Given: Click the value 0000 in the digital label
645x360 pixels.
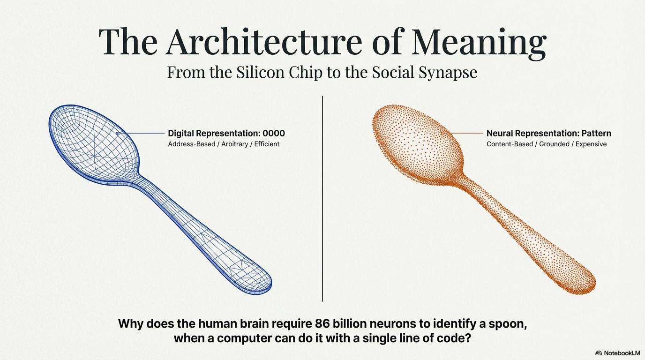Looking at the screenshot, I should [x=274, y=133].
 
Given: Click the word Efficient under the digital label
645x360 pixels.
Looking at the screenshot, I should [x=267, y=144].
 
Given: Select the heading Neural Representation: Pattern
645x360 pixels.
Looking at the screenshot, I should [x=548, y=133].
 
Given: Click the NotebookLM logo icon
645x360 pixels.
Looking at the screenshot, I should [x=599, y=353].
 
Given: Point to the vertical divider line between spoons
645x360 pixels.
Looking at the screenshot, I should [x=322, y=197].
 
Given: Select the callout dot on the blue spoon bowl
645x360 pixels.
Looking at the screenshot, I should [x=117, y=133].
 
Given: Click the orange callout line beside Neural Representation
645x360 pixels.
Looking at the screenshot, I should [x=464, y=133].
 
